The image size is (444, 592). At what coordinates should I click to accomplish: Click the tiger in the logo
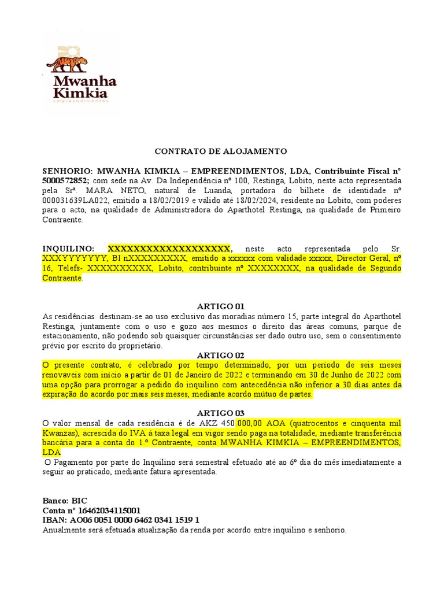click(x=68, y=62)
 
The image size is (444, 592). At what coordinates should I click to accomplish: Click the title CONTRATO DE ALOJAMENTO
click(x=221, y=151)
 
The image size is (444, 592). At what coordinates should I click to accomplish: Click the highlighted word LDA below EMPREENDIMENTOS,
click(x=51, y=452)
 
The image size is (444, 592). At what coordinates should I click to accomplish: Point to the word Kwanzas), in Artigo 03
click(x=61, y=432)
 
